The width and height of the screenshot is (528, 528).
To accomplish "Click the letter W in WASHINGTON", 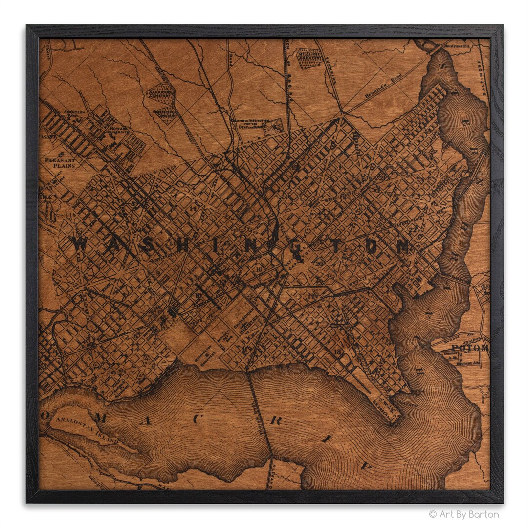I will tap(81, 243).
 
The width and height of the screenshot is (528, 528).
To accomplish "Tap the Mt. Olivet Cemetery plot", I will tap(309, 58).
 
